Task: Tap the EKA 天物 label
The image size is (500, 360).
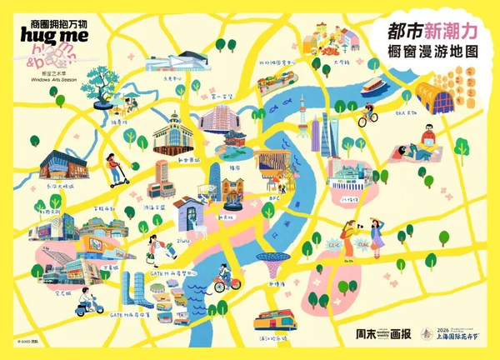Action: (405, 113)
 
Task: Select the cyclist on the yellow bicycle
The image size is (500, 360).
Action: (367, 114)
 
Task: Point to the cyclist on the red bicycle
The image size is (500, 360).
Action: (223, 278)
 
